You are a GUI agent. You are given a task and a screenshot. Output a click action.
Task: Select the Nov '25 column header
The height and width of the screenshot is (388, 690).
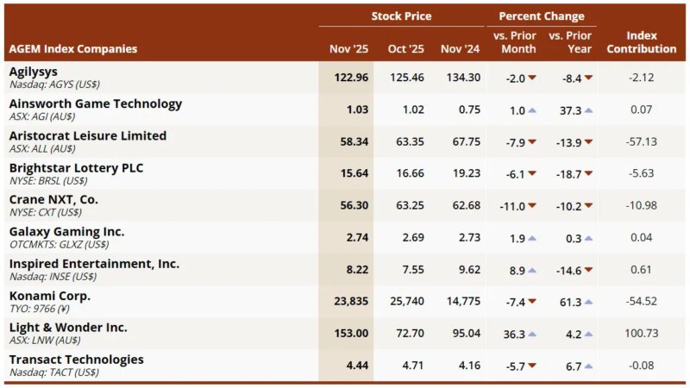click(x=348, y=48)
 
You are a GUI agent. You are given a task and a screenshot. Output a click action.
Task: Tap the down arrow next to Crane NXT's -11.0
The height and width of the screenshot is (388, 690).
click(x=532, y=206)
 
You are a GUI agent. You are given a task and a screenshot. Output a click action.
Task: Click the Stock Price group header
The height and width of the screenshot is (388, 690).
click(x=401, y=16)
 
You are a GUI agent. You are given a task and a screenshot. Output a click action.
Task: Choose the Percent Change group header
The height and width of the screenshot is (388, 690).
click(x=541, y=16)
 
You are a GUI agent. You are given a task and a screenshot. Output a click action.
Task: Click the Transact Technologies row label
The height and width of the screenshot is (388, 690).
click(x=76, y=360)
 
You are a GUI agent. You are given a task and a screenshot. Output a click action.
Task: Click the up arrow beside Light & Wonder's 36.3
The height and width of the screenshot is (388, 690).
click(x=532, y=335)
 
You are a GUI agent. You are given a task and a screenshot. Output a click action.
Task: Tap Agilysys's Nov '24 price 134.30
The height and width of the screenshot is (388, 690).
click(x=460, y=78)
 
